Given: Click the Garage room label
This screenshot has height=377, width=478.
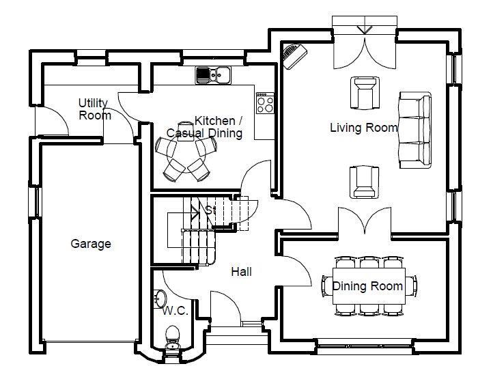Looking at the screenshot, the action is (x=91, y=244).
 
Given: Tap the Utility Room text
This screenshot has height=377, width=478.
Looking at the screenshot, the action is (x=94, y=109).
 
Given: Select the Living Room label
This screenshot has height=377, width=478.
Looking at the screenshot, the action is (x=364, y=128).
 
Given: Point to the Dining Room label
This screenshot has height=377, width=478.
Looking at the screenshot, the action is (x=367, y=286).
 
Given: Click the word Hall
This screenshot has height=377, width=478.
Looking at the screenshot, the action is (x=242, y=272).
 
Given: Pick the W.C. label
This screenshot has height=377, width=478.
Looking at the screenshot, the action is (x=175, y=311).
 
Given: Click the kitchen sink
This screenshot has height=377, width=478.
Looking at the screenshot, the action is (x=213, y=75).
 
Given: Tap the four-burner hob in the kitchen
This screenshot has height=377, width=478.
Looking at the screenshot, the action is (x=265, y=103).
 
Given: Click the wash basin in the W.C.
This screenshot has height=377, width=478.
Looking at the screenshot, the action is (x=160, y=298).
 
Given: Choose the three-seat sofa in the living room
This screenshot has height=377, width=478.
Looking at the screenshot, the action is (x=415, y=130).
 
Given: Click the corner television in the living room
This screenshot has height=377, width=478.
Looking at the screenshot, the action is (x=294, y=56).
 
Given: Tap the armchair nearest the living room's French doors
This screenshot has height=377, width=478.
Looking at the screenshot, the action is (x=365, y=93).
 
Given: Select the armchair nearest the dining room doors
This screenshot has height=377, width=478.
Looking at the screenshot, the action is (x=364, y=182).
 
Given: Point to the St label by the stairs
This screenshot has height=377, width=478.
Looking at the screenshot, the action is (x=210, y=210).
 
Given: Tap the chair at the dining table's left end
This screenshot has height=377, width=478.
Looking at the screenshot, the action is (x=327, y=286).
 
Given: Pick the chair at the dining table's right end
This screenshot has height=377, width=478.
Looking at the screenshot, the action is (x=411, y=286).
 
